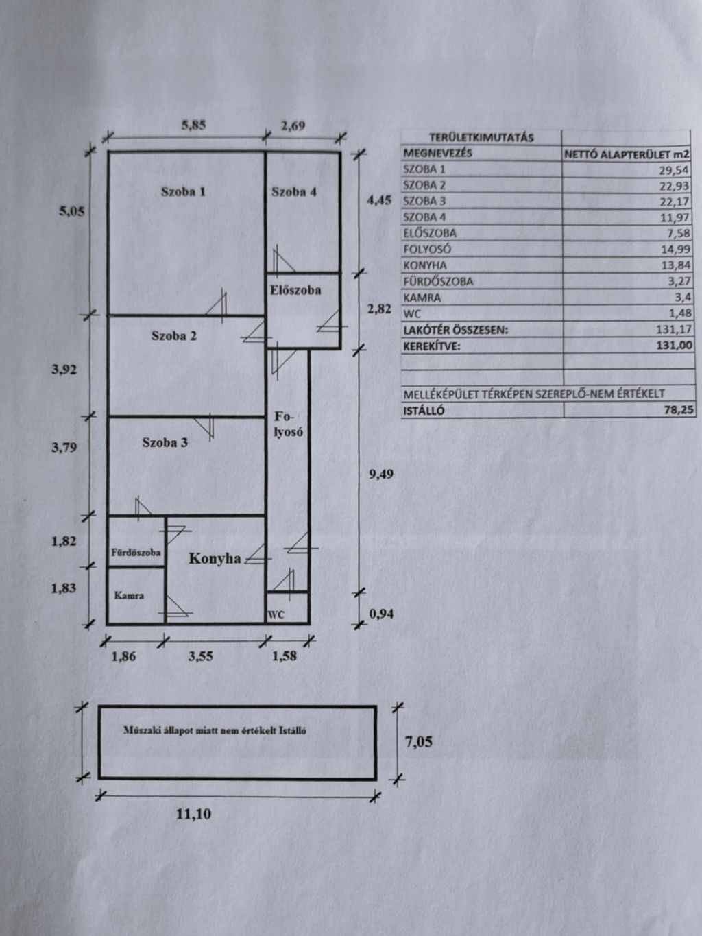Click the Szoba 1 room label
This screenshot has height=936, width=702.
coord(183,192)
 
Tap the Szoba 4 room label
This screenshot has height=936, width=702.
coord(294,192)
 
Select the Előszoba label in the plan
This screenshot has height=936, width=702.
coord(295,290)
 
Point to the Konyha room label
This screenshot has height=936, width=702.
coord(215,559)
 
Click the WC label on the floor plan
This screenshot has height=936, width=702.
coord(276,615)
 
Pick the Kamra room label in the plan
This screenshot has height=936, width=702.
coord(129,596)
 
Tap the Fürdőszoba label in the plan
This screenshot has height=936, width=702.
coord(136,552)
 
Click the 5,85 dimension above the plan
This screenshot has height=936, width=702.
coord(194,125)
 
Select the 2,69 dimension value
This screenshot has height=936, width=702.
coord(293,125)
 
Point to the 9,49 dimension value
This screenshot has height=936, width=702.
coord(381,475)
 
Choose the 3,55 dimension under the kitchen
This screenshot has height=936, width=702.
coord(200,656)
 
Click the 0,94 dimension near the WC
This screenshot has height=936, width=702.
coord(381,614)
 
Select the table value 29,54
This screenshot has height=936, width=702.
coord(675,170)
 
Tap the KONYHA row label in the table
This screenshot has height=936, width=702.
coord(425,265)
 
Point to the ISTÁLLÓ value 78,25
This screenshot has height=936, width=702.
coord(678,410)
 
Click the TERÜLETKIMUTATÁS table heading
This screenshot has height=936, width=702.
coord(481,138)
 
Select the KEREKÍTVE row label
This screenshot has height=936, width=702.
coord(432,346)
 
